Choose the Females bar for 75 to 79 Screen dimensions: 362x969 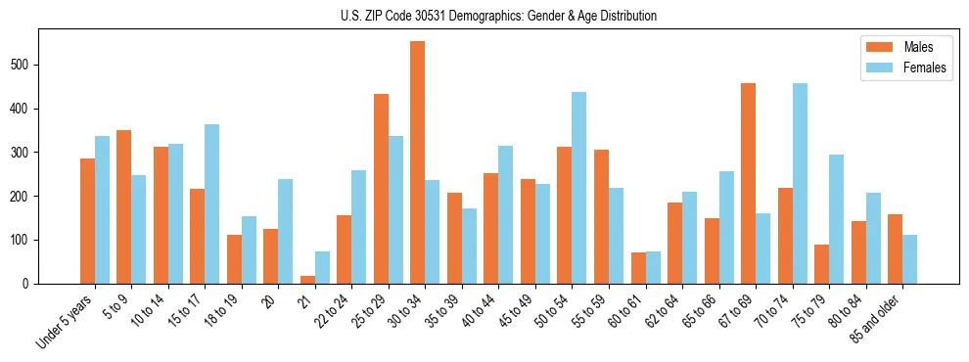pos(836,219)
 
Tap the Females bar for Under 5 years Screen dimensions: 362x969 pos(102,209)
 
